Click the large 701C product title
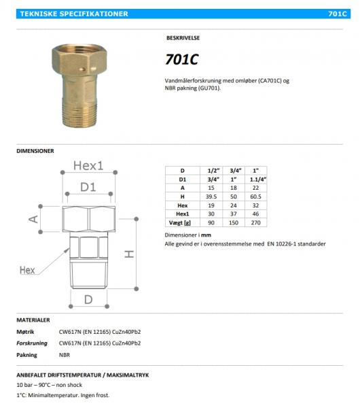[181, 59]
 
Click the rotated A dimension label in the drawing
[33, 218]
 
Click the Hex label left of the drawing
[26, 270]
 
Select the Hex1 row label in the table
[182, 214]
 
